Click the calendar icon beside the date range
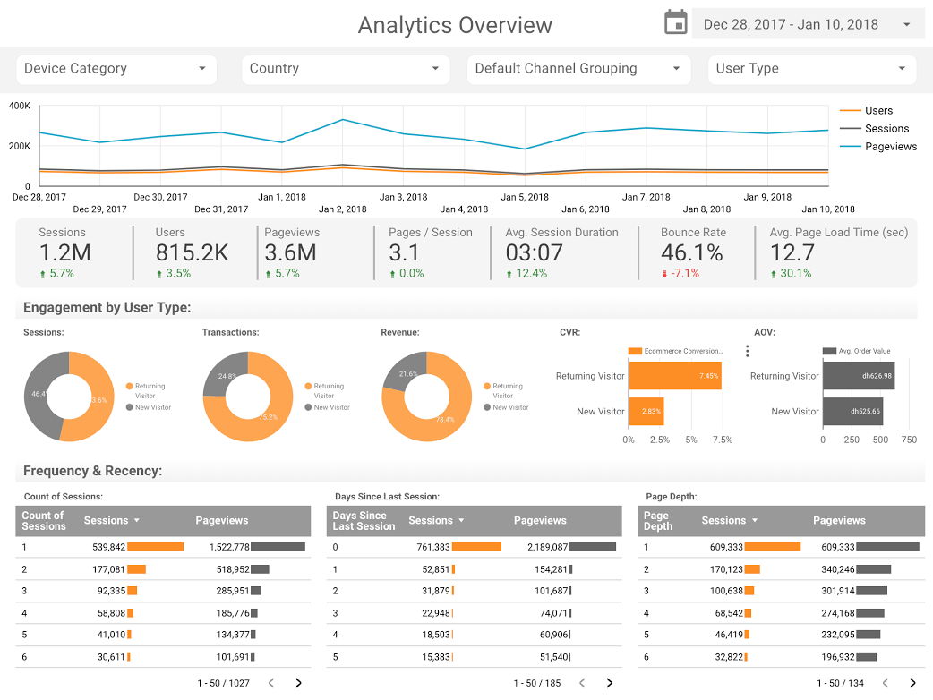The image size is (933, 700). click(675, 23)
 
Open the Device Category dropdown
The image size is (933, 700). click(116, 69)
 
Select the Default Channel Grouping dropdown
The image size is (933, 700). click(578, 69)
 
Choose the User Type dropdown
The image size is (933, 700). click(811, 69)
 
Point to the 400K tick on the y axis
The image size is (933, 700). click(20, 107)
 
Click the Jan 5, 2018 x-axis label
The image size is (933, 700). click(525, 197)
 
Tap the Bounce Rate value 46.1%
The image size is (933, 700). click(691, 253)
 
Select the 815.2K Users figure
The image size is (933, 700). click(192, 253)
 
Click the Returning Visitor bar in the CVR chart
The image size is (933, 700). click(674, 376)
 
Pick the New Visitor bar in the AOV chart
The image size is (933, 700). click(852, 412)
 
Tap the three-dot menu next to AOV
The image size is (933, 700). click(748, 351)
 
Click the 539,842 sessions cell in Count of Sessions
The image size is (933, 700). click(109, 547)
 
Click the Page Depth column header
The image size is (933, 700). click(657, 521)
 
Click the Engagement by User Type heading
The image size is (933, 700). click(107, 308)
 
